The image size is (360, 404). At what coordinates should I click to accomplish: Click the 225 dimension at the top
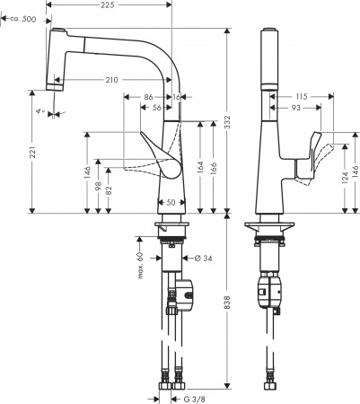click(107, 6)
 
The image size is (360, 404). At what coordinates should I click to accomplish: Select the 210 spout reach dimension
click(112, 81)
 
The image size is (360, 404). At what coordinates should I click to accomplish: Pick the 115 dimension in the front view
click(300, 96)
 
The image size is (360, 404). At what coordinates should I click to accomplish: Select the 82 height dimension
click(107, 191)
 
